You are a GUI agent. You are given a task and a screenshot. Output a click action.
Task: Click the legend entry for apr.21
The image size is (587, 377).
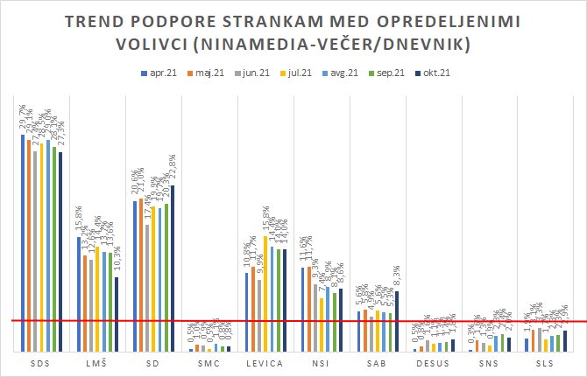tap(159, 73)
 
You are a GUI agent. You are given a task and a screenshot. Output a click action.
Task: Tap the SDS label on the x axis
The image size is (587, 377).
tap(40, 362)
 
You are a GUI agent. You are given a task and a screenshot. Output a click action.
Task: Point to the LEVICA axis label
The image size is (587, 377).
tap(263, 362)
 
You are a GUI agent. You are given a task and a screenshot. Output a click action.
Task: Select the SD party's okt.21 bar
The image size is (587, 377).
tap(173, 268)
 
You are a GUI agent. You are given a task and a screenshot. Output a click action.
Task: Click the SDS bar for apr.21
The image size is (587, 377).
tap(22, 242)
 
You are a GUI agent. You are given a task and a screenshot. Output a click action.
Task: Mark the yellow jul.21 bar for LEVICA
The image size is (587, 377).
tap(265, 293)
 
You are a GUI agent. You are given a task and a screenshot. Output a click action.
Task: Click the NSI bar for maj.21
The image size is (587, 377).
tap(308, 308)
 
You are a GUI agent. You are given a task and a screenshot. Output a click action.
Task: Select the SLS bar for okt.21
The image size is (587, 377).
tap(565, 341)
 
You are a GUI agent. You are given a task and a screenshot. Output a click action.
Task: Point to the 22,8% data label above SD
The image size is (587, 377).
tap(173, 170)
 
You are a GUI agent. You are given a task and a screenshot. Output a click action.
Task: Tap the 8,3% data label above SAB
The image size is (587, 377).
tap(397, 277)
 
